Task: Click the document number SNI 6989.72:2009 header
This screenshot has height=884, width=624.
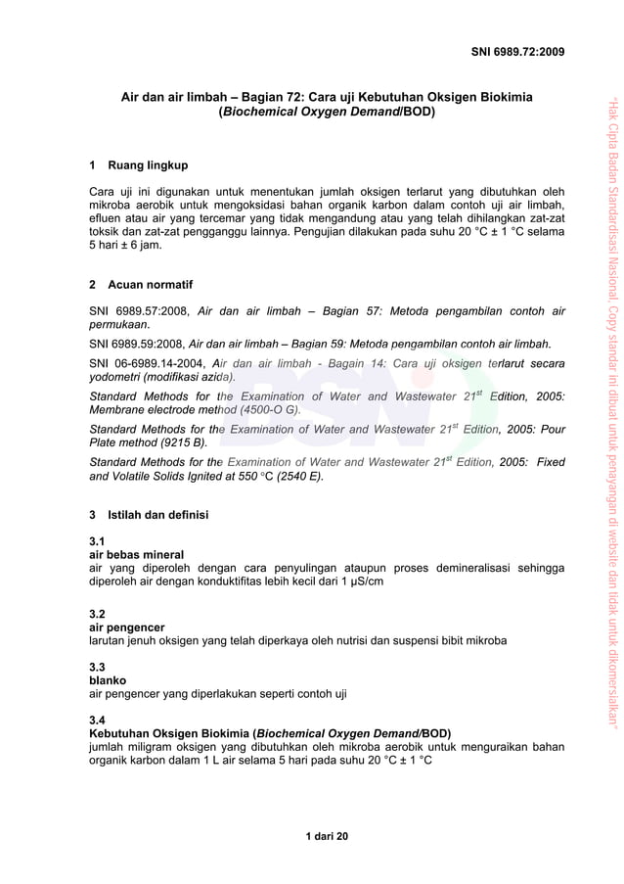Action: point(517,51)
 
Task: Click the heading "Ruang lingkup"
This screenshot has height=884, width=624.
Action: point(148,164)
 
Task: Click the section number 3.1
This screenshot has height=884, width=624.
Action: point(97,540)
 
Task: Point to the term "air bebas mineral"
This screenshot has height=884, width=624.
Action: point(136,554)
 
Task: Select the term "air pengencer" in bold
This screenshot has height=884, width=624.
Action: point(126,627)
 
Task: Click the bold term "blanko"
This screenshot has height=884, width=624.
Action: point(108,679)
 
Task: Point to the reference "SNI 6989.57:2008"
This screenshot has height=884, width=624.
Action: point(138,311)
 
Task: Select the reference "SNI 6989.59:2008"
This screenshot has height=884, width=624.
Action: point(136,344)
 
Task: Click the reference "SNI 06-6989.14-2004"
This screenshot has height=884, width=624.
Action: point(147,364)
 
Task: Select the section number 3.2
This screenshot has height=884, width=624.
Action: point(97,613)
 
